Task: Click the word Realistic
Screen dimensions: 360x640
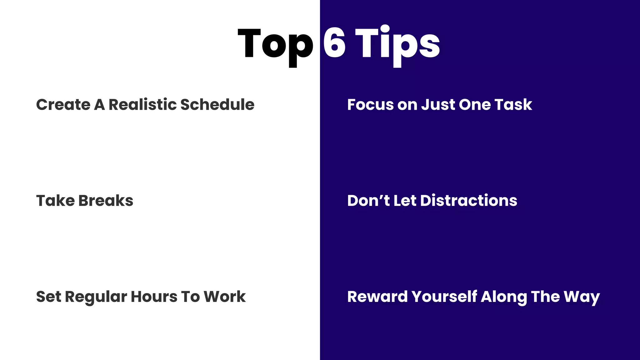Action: point(142,104)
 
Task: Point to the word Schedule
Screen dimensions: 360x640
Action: point(217,104)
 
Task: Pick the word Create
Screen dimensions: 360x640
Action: point(63,104)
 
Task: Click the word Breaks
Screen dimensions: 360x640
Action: point(106,201)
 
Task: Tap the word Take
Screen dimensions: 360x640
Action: point(55,201)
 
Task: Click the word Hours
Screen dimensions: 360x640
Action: point(153,297)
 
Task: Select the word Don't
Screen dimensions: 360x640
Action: point(368,201)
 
